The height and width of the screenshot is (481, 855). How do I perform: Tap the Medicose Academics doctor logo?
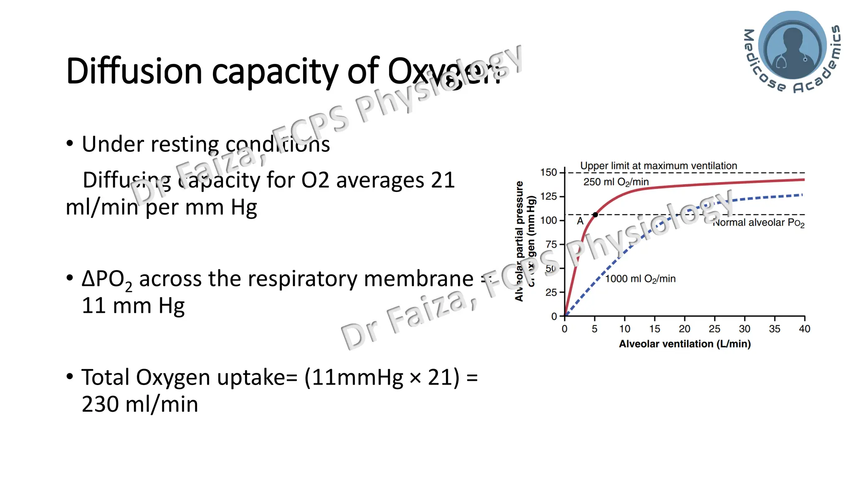[x=792, y=46]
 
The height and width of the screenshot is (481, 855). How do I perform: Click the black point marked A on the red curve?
[x=595, y=215]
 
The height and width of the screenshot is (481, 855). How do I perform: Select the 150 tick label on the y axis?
[x=548, y=172]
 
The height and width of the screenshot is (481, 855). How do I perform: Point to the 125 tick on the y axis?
[x=548, y=196]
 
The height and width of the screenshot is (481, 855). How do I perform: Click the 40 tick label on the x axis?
[x=804, y=329]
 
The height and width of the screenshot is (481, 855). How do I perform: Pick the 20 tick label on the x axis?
[x=684, y=329]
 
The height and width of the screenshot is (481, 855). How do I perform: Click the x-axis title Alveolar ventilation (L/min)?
[x=685, y=344]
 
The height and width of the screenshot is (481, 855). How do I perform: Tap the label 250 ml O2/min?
[x=616, y=182]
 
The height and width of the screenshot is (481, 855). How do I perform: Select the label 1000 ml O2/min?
[x=640, y=279]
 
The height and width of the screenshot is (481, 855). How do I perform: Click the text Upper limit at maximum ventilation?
[x=658, y=166]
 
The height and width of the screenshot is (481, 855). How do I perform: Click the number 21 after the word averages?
[x=443, y=180]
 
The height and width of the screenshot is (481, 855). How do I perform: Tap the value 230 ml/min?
[x=140, y=404]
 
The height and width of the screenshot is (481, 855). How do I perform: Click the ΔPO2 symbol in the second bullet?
[x=107, y=279]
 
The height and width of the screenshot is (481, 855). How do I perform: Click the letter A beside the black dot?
[x=580, y=221]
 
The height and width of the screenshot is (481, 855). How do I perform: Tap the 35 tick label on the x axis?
[x=774, y=329]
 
